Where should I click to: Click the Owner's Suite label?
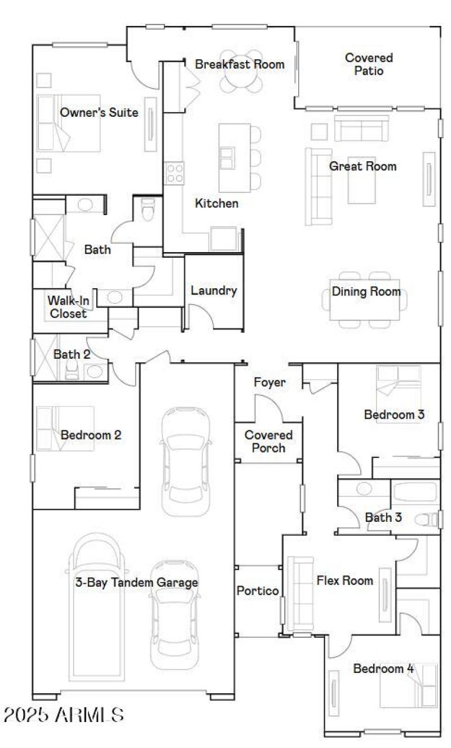[x=99, y=113]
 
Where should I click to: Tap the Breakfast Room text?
[x=240, y=64]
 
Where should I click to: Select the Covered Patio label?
[x=369, y=64]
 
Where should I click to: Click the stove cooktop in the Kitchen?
[x=174, y=172]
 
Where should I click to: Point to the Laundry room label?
[x=214, y=291]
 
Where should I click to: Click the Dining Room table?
[x=365, y=299]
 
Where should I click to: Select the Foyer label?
[x=269, y=382]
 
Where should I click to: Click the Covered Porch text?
[x=268, y=442]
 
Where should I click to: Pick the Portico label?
[x=258, y=591]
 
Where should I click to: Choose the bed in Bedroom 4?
[x=409, y=685]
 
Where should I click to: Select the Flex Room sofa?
[x=300, y=593]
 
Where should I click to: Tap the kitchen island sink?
[x=227, y=156]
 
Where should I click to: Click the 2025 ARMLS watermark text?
[x=64, y=715]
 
